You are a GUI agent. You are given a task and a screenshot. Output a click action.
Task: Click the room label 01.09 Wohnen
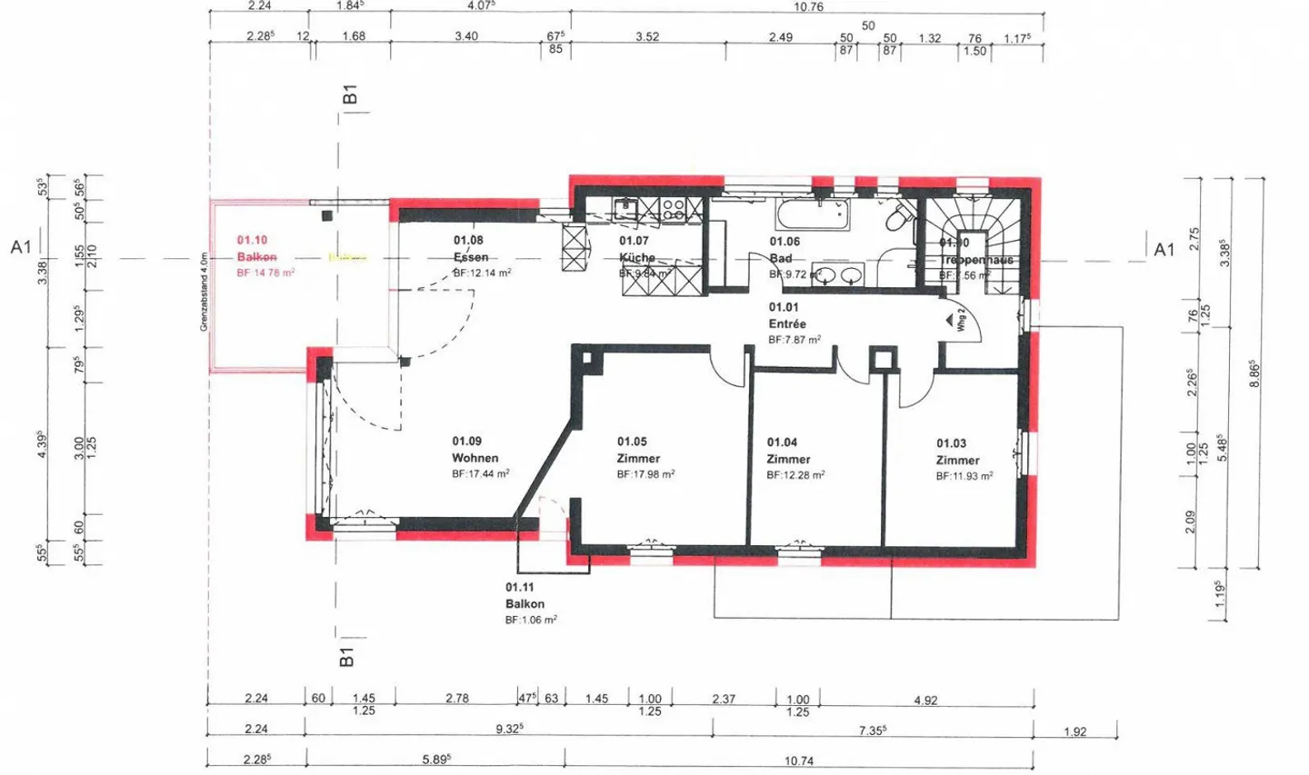pyautogui.click(x=475, y=450)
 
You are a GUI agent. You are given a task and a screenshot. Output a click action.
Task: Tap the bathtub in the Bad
pyautogui.click(x=813, y=216)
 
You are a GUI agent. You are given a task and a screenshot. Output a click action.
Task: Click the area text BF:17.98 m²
pyautogui.click(x=645, y=474)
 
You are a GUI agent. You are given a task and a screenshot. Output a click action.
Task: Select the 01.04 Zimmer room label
pyautogui.click(x=788, y=451)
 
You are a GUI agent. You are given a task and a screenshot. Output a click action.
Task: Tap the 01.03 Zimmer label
pyautogui.click(x=957, y=452)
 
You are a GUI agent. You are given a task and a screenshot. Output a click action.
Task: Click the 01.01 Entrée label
pyautogui.click(x=786, y=315)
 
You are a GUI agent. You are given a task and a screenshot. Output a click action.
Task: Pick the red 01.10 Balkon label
pyautogui.click(x=255, y=248)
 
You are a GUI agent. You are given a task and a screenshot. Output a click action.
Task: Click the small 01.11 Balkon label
pyautogui.click(x=525, y=595)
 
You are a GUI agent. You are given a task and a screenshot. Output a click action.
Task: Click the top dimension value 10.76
pyautogui.click(x=807, y=6)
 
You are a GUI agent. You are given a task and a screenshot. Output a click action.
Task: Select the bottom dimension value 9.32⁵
pyautogui.click(x=508, y=729)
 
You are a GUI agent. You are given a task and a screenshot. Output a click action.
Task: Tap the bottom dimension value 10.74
pyautogui.click(x=798, y=760)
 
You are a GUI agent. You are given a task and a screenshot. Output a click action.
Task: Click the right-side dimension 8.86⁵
pyautogui.click(x=1254, y=373)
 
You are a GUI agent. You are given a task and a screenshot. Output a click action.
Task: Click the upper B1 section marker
pyautogui.click(x=350, y=94)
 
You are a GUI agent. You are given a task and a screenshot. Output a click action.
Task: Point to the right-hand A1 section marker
pyautogui.click(x=1164, y=249)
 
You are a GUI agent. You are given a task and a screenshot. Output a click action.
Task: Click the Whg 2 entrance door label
pyautogui.click(x=961, y=321)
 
